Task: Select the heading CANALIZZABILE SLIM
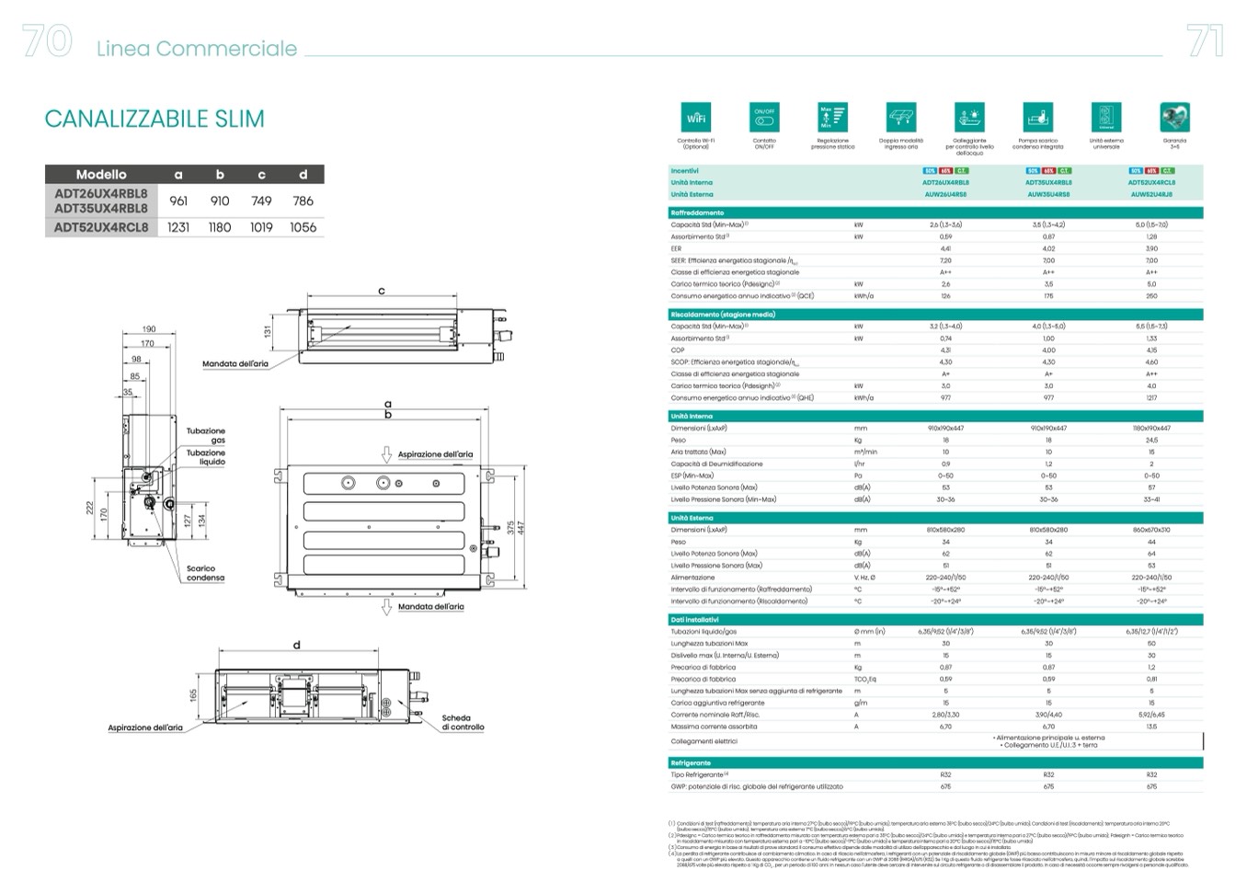click(x=154, y=119)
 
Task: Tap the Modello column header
click(x=101, y=174)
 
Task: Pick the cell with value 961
click(x=178, y=200)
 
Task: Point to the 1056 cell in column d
click(x=303, y=227)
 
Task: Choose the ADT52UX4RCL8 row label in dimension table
click(x=101, y=227)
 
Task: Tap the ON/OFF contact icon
click(x=764, y=118)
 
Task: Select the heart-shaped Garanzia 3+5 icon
click(x=1174, y=118)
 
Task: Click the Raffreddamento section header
click(x=697, y=212)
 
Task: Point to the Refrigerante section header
click(x=691, y=762)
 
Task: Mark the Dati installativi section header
click(x=694, y=620)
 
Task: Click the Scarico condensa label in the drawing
click(x=205, y=573)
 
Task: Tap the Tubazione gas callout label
click(x=206, y=435)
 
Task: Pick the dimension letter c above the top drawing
click(x=382, y=292)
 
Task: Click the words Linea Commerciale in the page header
click(x=197, y=49)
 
